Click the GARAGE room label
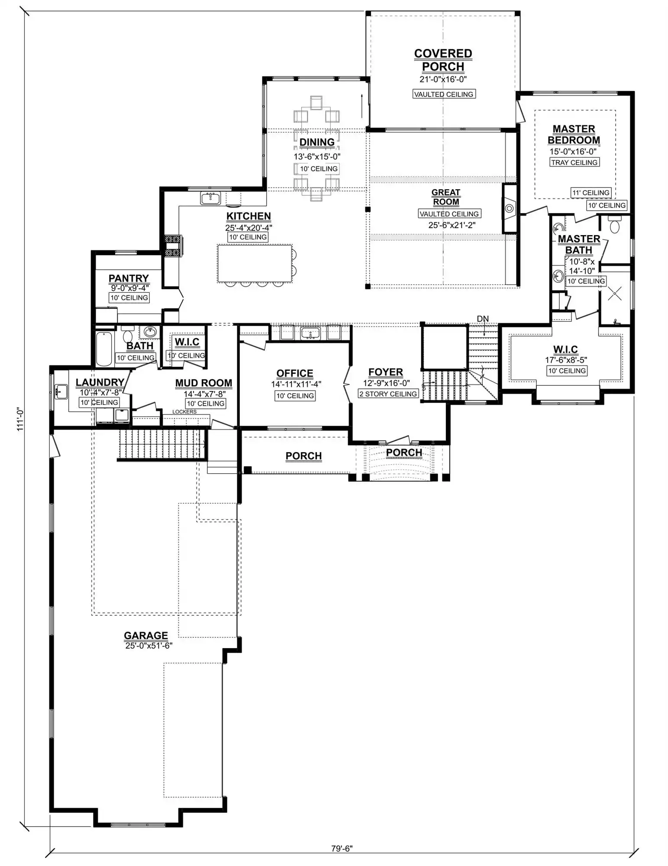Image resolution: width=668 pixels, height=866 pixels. pos(146,635)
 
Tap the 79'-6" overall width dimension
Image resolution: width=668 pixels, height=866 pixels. pos(342,848)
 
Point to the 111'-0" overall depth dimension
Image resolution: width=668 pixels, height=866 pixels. pos(20,419)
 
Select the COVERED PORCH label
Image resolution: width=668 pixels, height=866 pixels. pos(443,60)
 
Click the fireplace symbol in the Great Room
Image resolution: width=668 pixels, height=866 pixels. pos(510,208)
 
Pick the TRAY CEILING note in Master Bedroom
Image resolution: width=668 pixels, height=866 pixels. pos(574,162)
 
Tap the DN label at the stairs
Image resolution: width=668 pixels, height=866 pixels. pos(483,319)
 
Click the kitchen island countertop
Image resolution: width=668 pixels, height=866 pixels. pos(255,263)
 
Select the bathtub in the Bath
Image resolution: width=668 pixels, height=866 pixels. pos(104,349)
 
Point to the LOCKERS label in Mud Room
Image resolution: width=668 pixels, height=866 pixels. pos(184,412)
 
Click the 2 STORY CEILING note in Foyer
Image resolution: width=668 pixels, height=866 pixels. pos(388,394)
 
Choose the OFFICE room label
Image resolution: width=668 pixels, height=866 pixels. pos(295,373)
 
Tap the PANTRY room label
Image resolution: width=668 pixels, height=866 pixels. pos(129,278)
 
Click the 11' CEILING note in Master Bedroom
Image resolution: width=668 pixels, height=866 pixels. pos(591,193)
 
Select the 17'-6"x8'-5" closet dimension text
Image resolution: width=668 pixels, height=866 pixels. pos(566,360)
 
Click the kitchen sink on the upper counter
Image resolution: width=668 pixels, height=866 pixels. pos(210,198)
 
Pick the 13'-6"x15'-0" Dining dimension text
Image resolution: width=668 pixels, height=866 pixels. pos(317,157)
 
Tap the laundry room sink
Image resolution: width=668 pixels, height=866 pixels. pos(61,391)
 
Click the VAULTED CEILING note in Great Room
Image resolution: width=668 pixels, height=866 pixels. pos(449,214)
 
